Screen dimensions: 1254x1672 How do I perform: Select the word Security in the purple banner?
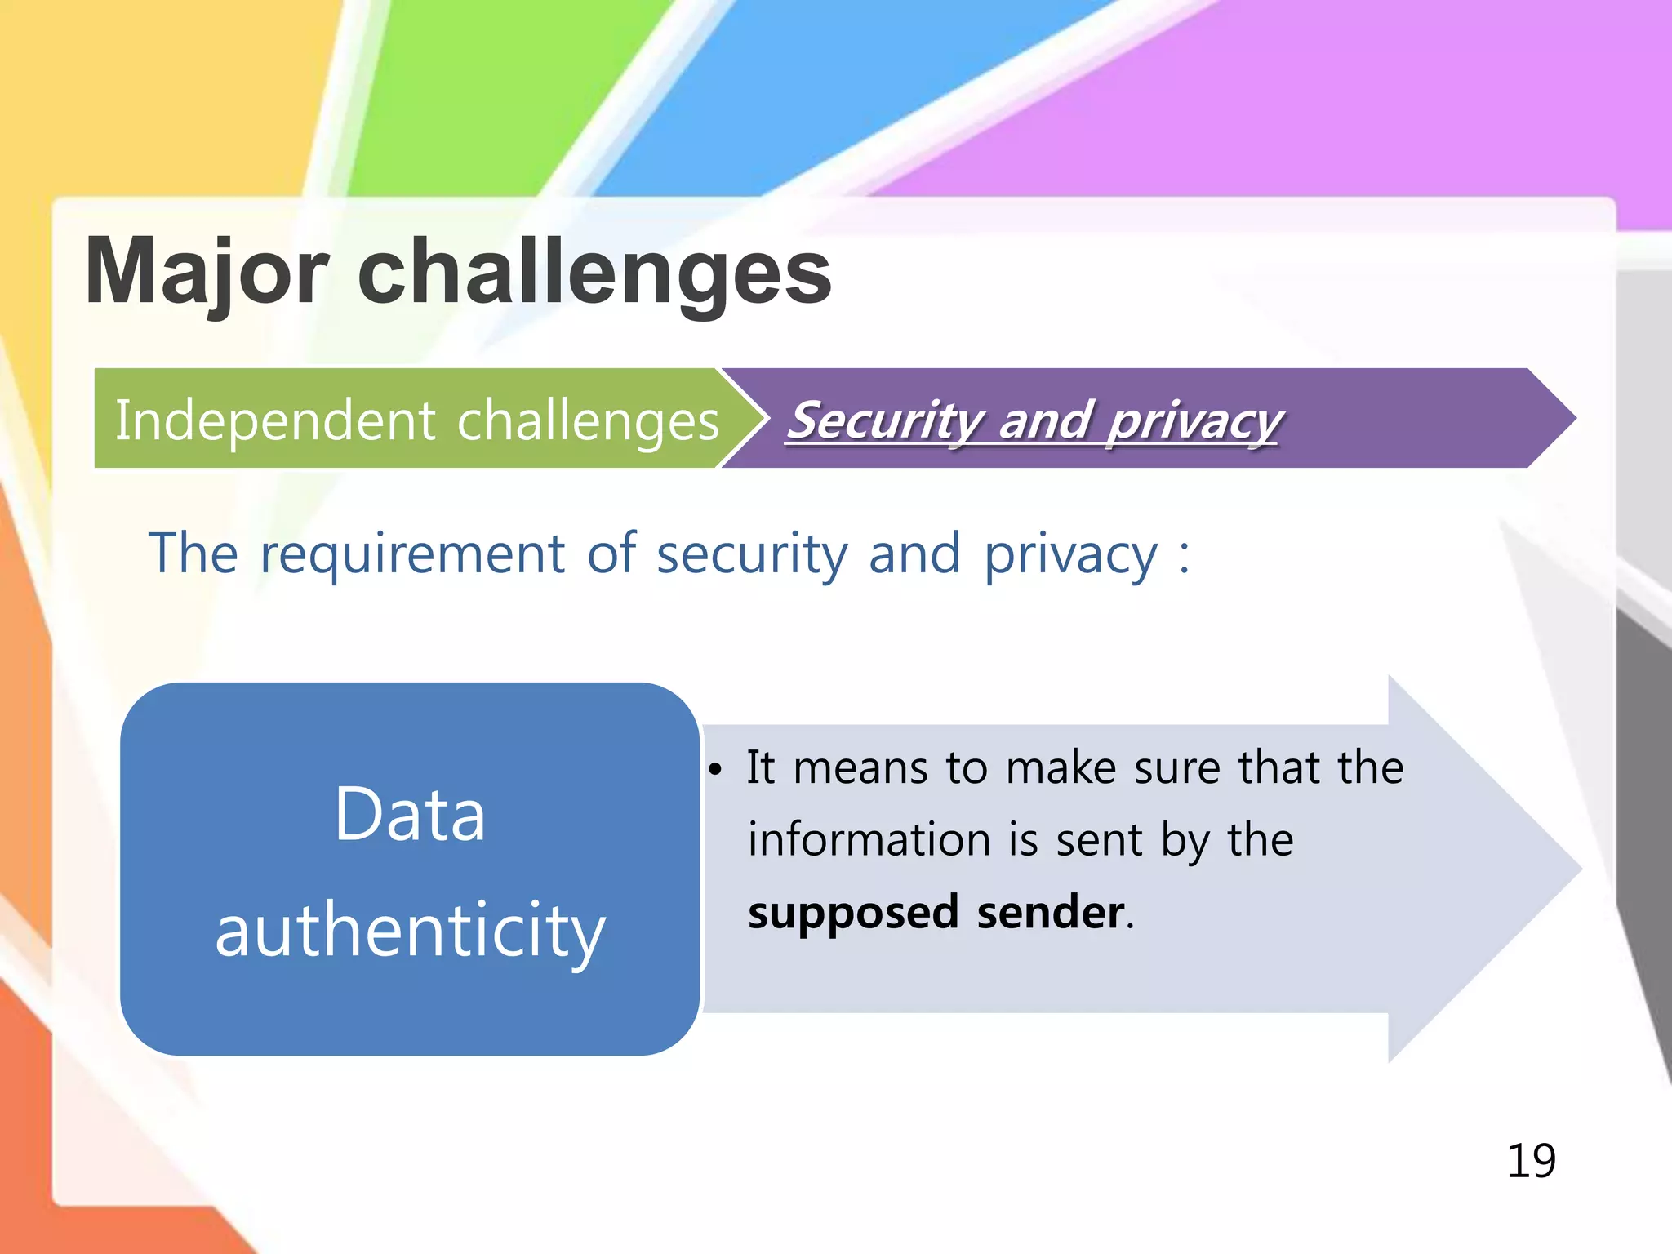pyautogui.click(x=885, y=420)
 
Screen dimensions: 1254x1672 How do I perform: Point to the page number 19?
pyautogui.click(x=1531, y=1160)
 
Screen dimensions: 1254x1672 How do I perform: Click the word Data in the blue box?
pyautogui.click(x=410, y=814)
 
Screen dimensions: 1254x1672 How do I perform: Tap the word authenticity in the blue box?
pyautogui.click(x=410, y=931)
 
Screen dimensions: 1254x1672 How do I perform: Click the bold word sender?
pyautogui.click(x=1051, y=912)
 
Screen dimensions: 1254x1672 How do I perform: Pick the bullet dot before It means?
pyautogui.click(x=715, y=770)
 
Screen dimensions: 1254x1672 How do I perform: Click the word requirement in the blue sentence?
pyautogui.click(x=412, y=554)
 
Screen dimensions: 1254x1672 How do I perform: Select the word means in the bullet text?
pyautogui.click(x=860, y=768)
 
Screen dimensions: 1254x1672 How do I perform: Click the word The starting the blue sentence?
pyautogui.click(x=193, y=554)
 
